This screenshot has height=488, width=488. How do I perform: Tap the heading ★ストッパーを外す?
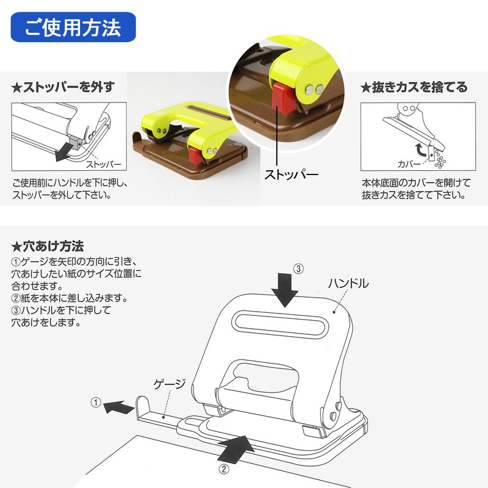click(63, 87)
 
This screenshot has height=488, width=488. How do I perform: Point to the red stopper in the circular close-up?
click(282, 98)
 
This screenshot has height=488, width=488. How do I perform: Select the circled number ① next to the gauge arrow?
click(96, 402)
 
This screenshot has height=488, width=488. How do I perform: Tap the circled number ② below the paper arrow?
click(224, 469)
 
